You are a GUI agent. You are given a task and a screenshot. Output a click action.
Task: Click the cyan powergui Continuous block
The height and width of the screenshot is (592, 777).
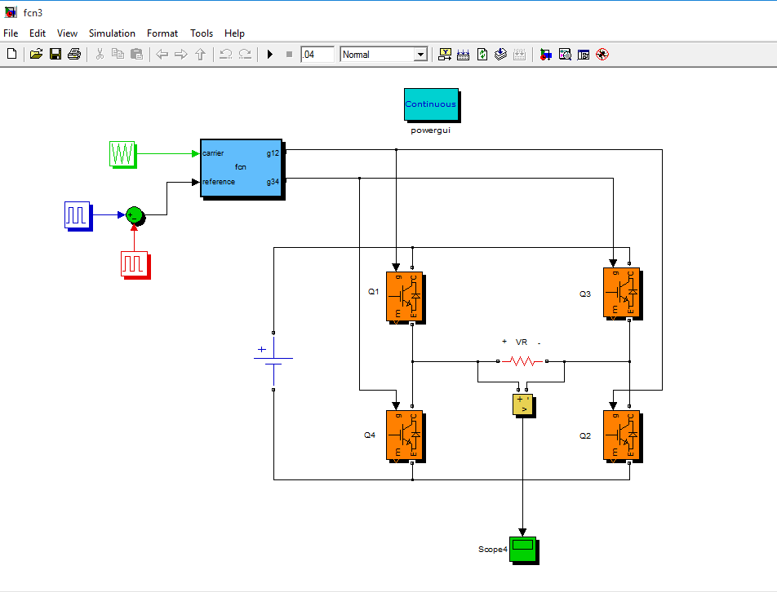(431, 104)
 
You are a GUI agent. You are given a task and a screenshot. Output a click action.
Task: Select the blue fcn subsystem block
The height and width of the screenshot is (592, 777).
(241, 167)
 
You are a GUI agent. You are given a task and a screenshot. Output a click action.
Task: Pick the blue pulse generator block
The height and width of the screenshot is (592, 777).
(77, 215)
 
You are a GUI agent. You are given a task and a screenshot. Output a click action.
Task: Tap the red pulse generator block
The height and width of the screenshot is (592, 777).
(134, 263)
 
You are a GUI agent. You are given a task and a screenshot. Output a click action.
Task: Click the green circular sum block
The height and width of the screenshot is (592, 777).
(135, 215)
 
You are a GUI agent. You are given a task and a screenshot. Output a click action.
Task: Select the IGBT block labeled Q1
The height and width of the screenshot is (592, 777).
(404, 295)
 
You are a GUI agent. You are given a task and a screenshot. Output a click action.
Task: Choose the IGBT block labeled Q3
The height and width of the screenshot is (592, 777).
(620, 292)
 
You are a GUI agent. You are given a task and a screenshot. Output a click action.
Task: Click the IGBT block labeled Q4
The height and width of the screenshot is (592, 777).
(404, 435)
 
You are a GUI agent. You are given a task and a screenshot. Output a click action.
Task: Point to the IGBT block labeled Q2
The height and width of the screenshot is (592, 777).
(620, 435)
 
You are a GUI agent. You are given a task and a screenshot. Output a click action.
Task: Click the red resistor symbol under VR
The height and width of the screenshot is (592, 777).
(522, 360)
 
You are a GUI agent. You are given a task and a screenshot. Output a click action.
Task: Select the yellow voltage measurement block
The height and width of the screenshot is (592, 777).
(522, 404)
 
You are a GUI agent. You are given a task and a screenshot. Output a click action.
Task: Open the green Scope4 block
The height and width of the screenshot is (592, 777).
(522, 549)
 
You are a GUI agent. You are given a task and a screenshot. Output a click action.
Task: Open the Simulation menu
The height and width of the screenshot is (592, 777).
(112, 33)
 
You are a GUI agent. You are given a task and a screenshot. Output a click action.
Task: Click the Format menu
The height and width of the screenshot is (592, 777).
(162, 33)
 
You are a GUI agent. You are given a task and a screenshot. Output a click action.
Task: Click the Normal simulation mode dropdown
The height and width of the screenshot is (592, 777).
(384, 55)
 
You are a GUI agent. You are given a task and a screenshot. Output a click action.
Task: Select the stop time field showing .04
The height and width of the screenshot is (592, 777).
(317, 55)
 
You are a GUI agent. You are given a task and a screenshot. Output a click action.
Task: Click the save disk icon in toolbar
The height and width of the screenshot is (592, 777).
(55, 55)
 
